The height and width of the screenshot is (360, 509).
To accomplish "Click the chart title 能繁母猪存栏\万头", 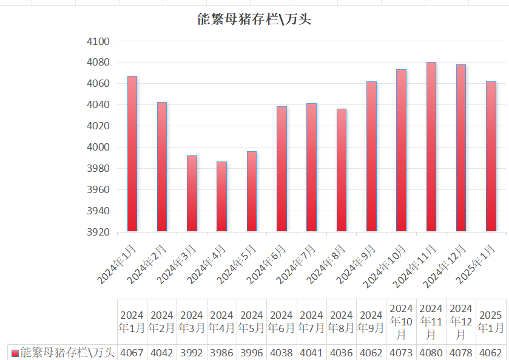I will coord(254,19).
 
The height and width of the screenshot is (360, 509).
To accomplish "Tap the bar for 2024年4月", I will coord(221,196).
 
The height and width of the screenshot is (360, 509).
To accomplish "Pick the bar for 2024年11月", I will coord(431,147).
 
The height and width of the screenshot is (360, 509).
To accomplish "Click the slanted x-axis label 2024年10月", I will coord(385,266).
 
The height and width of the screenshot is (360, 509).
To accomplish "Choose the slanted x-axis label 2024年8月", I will coord(326,263).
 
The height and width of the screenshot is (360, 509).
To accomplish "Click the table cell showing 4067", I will coord(132,353).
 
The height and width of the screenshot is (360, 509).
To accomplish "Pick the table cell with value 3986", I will coord(221,353).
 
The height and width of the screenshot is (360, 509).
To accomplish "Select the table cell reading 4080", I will coord(431,353).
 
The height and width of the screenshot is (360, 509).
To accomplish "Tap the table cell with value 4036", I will coord(341,353).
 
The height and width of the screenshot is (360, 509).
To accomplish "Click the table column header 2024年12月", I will coord(460,322).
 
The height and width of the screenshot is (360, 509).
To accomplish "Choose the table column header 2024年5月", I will coord(252,322).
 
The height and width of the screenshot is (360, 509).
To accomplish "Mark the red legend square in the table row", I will coord(15,353).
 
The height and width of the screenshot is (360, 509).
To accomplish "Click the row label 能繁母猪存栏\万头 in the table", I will coord(67,352).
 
